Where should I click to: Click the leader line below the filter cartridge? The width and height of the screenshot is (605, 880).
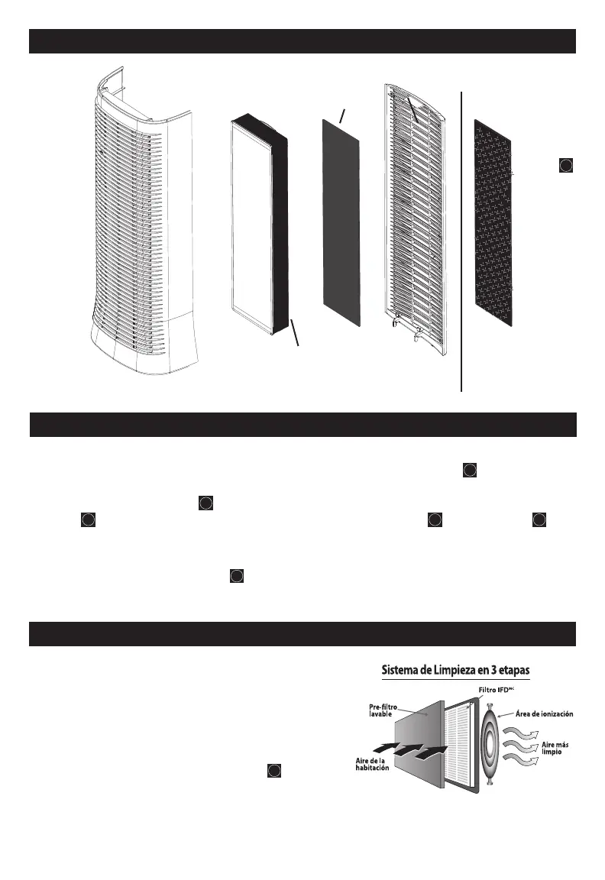(x=295, y=333)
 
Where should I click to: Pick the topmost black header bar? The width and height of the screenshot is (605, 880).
(x=302, y=41)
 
